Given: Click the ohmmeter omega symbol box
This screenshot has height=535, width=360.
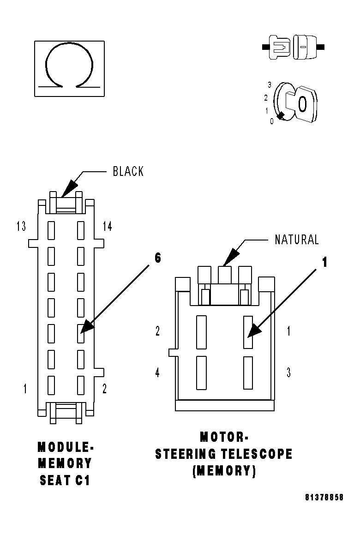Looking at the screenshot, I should click(69, 69).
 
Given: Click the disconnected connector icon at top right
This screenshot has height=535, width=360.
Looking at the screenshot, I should click(293, 47).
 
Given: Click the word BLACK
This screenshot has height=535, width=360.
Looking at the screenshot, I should click(128, 171).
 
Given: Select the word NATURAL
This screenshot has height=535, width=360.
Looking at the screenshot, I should click(297, 240).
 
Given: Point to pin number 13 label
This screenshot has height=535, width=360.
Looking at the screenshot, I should click(21, 226).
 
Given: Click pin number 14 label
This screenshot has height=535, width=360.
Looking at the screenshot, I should click(107, 226).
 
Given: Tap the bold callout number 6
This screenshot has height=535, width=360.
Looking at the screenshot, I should click(158, 258).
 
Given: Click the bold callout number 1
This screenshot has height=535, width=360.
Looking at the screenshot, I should click(324, 262).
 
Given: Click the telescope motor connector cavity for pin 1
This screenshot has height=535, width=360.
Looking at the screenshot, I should click(248, 332).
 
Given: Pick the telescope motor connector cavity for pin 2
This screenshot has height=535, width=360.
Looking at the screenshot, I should click(201, 332).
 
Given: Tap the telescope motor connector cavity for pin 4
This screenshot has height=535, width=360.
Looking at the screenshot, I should click(201, 373).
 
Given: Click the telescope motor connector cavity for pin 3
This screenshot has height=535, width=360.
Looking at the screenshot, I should click(248, 373).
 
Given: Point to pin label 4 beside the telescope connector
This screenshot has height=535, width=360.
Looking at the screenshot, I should click(157, 373).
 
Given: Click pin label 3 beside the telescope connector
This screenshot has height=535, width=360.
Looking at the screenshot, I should click(288, 373).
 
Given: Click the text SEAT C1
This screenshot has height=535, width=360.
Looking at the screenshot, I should click(65, 480).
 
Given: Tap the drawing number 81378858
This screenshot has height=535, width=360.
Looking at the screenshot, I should click(324, 498).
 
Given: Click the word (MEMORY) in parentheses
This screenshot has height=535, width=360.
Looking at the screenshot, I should click(224, 471).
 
